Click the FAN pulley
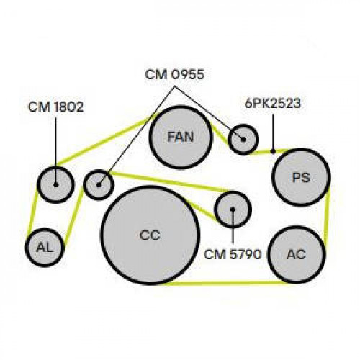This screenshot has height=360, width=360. [181, 138]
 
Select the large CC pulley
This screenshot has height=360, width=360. [150, 235]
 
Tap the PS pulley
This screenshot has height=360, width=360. [301, 177]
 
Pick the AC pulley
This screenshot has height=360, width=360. [297, 255]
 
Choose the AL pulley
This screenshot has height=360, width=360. [45, 247]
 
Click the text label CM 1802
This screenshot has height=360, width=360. [55, 107]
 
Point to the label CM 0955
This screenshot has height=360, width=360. [174, 75]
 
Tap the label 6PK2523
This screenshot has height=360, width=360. [273, 104]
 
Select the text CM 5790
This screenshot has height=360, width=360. [233, 254]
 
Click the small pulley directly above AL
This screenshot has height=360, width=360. [56, 184]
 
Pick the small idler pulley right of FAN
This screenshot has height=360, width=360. [243, 139]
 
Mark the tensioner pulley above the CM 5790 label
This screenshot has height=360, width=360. [233, 210]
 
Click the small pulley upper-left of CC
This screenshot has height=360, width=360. [99, 184]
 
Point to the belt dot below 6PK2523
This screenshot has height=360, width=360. [273, 151]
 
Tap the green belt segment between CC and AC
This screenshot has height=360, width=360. [225, 284]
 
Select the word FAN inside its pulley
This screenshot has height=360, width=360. [181, 137]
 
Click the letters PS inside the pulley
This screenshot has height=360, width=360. [301, 178]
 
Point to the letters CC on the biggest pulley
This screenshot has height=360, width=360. [150, 235]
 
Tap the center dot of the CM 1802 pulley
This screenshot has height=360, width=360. [56, 185]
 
